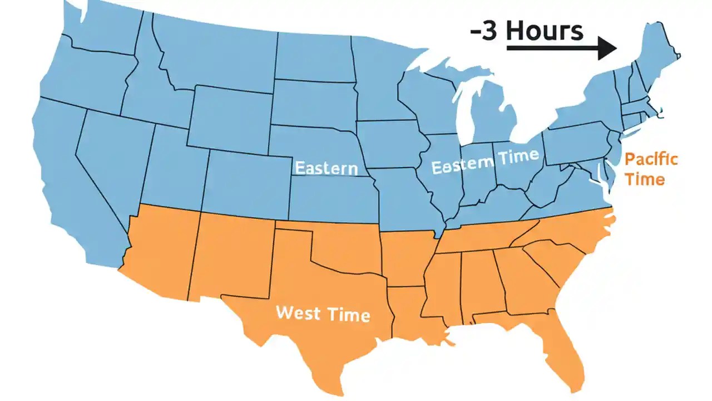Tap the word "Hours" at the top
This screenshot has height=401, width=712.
tap(545, 31)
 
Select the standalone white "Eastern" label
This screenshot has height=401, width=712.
tap(325, 168)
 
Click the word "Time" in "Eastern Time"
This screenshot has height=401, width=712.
tap(518, 157)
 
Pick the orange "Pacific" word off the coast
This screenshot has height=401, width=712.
tap(651, 159)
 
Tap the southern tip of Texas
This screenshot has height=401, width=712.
tap(328, 384)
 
